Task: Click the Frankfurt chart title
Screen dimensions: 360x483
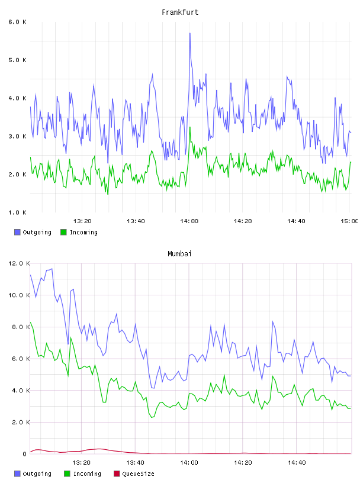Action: (x=180, y=12)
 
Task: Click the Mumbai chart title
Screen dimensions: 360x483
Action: (x=179, y=254)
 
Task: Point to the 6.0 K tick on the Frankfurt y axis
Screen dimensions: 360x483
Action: (x=17, y=22)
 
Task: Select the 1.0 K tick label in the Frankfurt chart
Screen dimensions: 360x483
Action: (x=17, y=212)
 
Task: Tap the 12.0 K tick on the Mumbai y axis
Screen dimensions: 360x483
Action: (x=19, y=263)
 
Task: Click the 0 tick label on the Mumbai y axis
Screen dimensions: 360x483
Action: (x=25, y=454)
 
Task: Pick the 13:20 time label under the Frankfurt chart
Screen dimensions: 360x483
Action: (x=82, y=221)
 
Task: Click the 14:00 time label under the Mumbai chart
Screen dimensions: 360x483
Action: (x=189, y=463)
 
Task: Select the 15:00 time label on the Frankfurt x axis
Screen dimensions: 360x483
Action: (x=349, y=221)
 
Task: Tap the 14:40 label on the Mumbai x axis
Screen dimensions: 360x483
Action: (x=297, y=463)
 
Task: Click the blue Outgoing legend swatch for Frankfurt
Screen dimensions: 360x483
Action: (x=17, y=232)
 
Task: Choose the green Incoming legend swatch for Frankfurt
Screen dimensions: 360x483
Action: (x=63, y=232)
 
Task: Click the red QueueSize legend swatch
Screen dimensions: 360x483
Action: (x=117, y=474)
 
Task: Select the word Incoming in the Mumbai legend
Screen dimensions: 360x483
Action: (x=87, y=474)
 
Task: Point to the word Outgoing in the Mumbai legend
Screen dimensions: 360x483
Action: (x=37, y=474)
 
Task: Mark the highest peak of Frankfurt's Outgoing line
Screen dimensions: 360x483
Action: (x=190, y=33)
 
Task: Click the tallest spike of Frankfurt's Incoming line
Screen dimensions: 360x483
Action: (x=190, y=127)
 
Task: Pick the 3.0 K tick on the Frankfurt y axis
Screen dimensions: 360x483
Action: (x=17, y=136)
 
